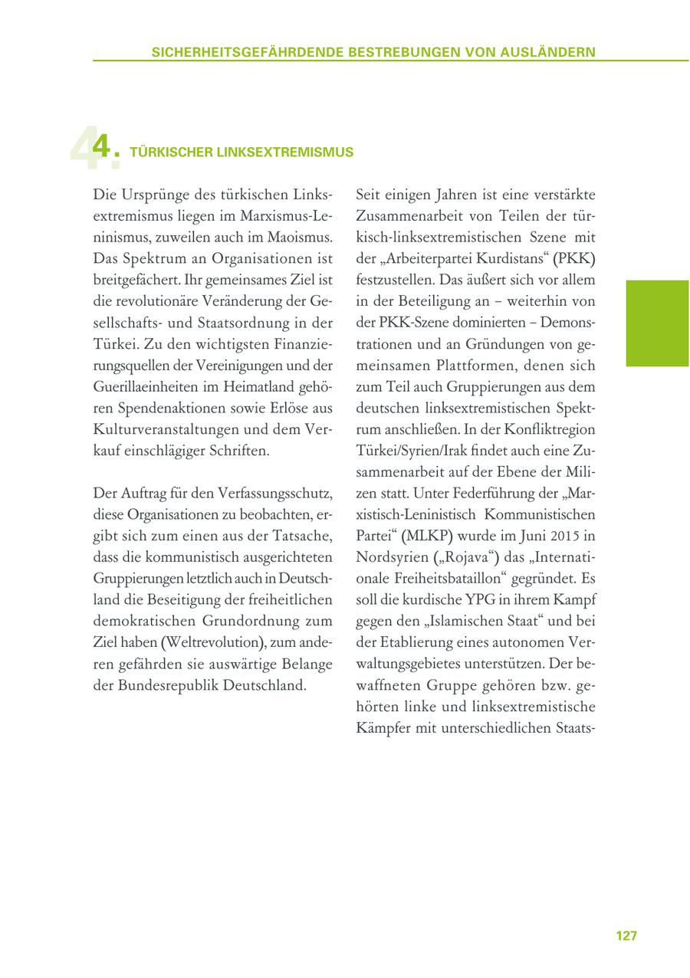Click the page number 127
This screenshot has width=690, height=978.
pyautogui.click(x=626, y=936)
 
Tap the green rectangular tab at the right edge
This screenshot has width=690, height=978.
pyautogui.click(x=657, y=323)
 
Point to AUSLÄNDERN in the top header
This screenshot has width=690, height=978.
pyautogui.click(x=549, y=52)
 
